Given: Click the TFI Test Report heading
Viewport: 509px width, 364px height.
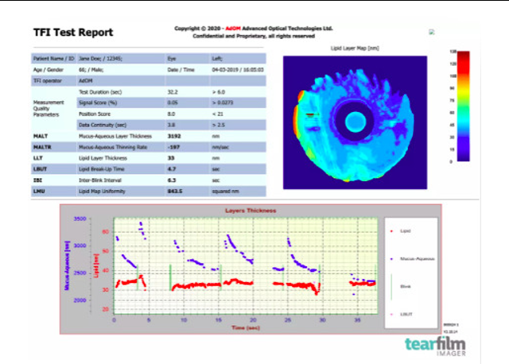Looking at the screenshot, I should (73, 33).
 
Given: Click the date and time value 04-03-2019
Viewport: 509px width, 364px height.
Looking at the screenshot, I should (235, 69).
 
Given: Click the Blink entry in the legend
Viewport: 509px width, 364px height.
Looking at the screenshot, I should (414, 287).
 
